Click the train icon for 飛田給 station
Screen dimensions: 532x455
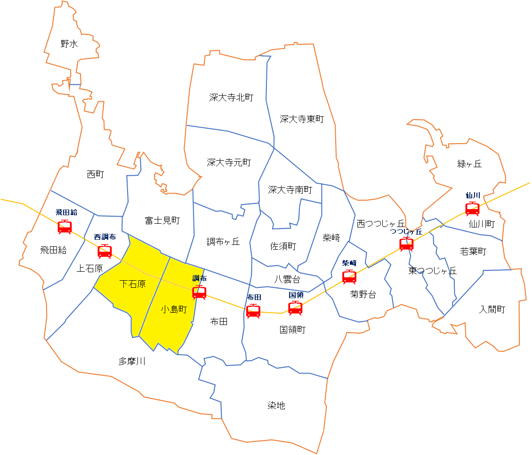[x=64, y=227]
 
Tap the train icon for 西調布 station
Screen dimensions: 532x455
[x=105, y=251]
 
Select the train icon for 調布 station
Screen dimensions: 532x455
[x=199, y=292]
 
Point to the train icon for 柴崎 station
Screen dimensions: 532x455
[x=349, y=276]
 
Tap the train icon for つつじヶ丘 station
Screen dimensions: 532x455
[x=406, y=244]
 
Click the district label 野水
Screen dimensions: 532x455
[x=69, y=44]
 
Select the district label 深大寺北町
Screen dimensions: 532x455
[x=231, y=97]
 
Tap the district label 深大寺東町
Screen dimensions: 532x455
[x=302, y=119]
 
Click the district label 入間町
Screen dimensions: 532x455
[x=492, y=309]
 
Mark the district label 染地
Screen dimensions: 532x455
[x=276, y=406]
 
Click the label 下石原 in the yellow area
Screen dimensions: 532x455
[x=132, y=284]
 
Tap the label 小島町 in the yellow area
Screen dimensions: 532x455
[x=174, y=309]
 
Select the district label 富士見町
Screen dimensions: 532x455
[x=162, y=220]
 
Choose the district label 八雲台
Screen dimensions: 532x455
[x=287, y=279]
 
